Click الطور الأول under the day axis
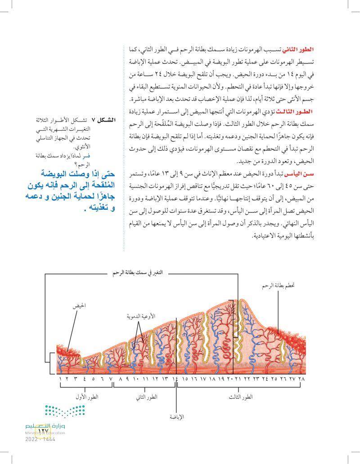coord(90,396)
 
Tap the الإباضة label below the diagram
coord(176,417)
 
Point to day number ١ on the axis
coord(60,380)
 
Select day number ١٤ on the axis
coord(175,380)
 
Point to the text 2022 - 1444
coord(40,439)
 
